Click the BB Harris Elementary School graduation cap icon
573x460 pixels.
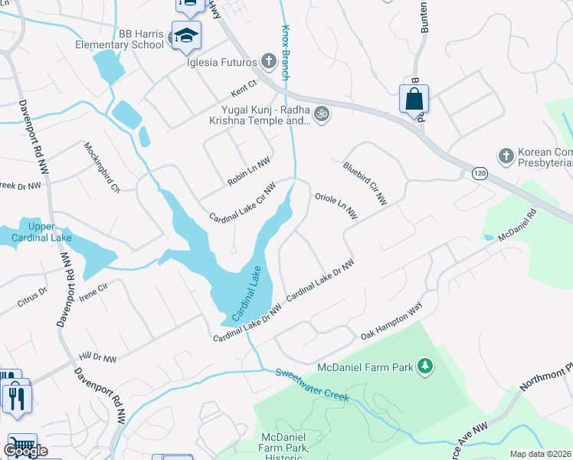186,35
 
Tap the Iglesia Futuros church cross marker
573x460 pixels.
268,60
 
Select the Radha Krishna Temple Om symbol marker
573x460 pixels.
322,113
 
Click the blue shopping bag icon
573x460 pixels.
414,99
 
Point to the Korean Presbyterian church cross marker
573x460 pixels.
506,156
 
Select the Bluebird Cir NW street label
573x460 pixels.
365,183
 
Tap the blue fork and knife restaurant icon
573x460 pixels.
15,397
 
